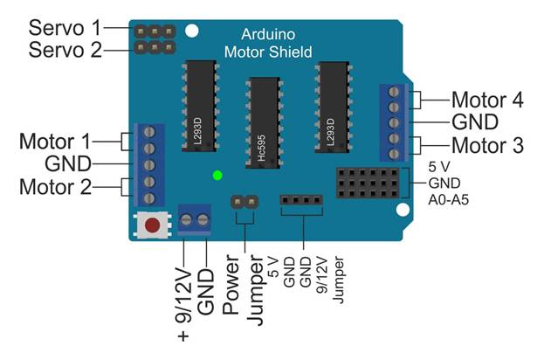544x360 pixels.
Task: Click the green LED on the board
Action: click(x=217, y=176)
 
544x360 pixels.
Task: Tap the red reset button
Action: click(x=152, y=225)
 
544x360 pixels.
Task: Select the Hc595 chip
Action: click(x=263, y=123)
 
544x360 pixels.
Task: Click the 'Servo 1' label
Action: click(x=65, y=28)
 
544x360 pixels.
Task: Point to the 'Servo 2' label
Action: click(x=65, y=50)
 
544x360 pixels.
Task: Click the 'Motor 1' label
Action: click(x=55, y=142)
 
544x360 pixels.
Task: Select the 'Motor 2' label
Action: click(x=56, y=187)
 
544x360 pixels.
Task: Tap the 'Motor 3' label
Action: click(x=487, y=145)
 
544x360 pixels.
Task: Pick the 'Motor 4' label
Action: click(x=487, y=100)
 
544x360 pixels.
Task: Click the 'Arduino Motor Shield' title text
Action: click(x=268, y=43)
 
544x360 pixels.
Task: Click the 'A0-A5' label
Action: click(x=449, y=200)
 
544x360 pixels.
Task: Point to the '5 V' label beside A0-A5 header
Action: click(x=439, y=167)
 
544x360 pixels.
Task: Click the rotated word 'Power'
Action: click(x=231, y=285)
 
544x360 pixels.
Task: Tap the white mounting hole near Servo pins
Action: click(x=192, y=31)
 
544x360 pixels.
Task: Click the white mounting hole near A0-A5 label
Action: click(x=403, y=210)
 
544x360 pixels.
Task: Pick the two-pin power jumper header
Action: click(x=244, y=201)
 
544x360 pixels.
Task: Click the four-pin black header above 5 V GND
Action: click(x=301, y=200)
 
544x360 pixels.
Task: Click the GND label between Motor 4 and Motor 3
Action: click(x=475, y=122)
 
